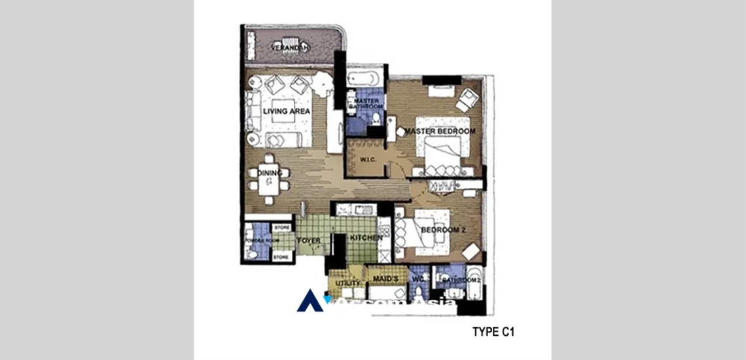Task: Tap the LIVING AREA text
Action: click(x=286, y=111)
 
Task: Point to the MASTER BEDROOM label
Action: click(x=440, y=132)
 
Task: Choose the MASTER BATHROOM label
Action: click(x=365, y=103)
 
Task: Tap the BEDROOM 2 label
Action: click(x=442, y=230)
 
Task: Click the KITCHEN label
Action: click(x=366, y=238)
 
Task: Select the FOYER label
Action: click(x=309, y=241)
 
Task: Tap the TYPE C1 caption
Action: click(x=493, y=332)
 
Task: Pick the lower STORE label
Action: click(x=281, y=258)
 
